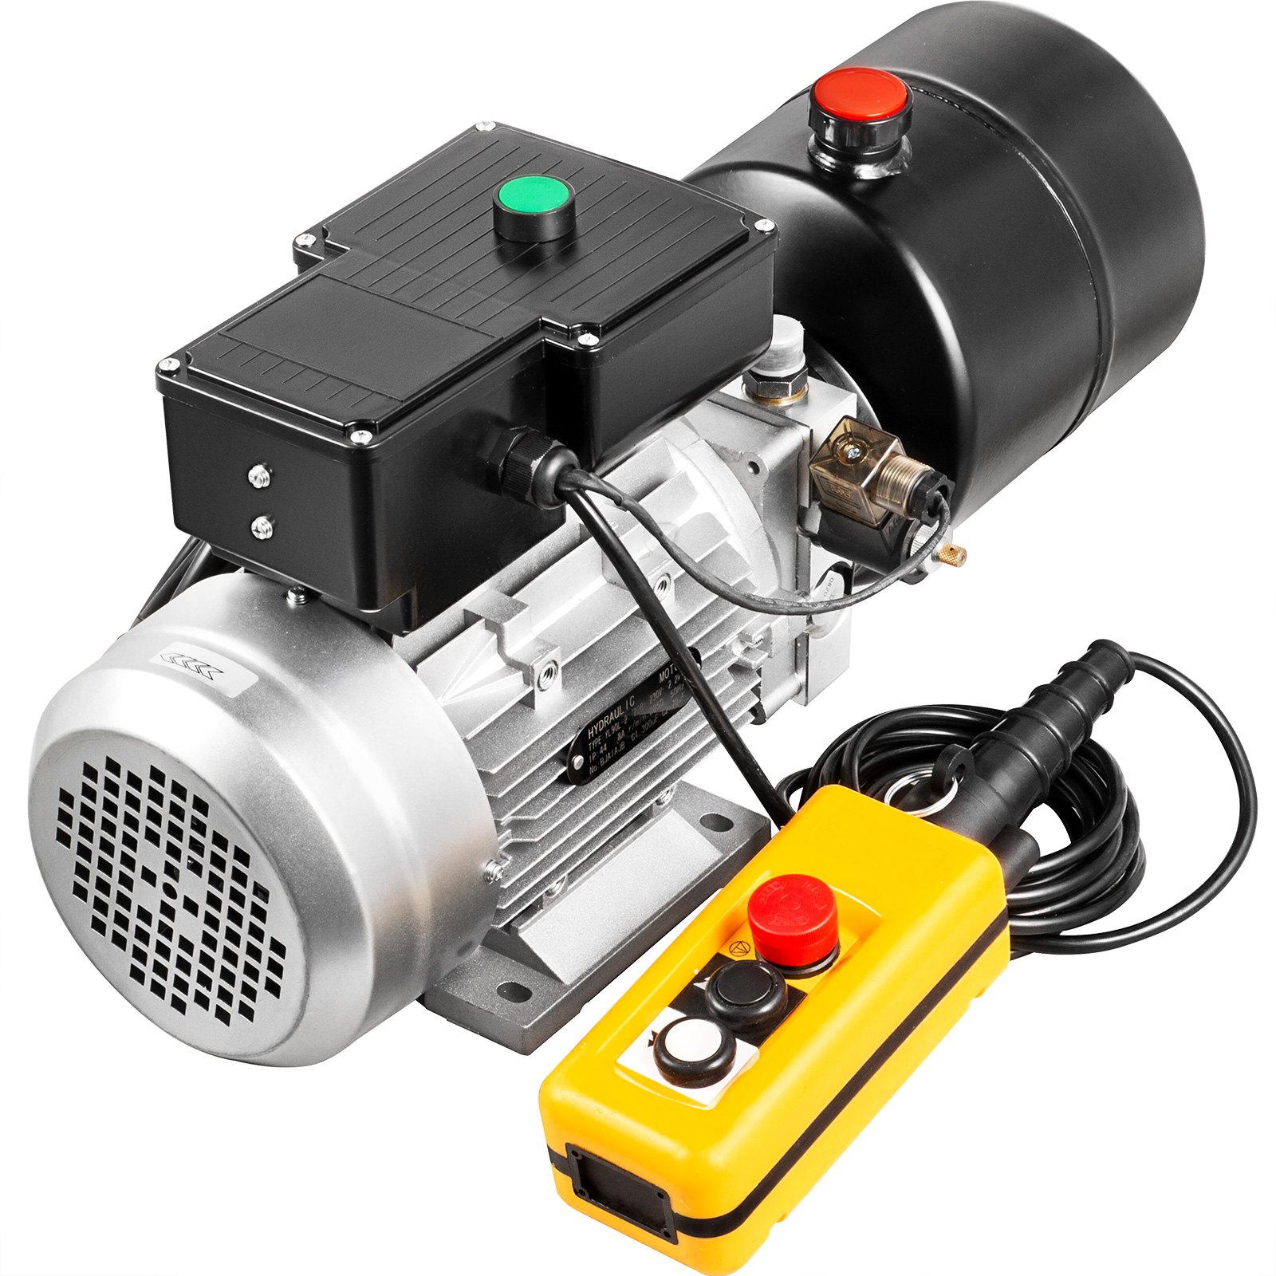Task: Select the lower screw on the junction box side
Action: tap(261, 524)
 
